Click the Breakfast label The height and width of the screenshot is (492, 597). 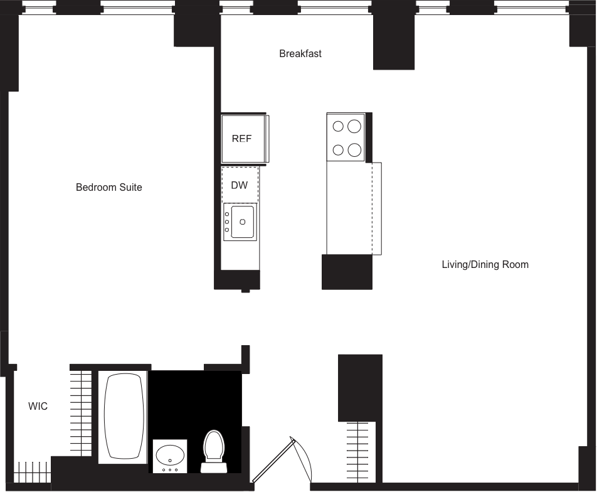pos(300,54)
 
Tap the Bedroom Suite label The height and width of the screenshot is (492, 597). pos(109,187)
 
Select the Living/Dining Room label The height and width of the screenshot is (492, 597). pos(485,264)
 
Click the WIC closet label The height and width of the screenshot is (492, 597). pos(38,407)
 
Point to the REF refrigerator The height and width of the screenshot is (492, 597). pos(242,139)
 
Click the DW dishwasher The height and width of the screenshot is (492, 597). pos(240,185)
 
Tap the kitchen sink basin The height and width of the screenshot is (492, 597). pos(242,222)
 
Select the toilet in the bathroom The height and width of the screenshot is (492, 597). pos(214,447)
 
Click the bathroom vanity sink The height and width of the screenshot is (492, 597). pos(170,454)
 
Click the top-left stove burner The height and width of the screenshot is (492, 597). pos(338,126)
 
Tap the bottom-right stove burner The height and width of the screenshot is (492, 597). pos(354,149)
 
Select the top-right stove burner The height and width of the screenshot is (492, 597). pos(354,126)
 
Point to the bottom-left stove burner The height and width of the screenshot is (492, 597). pos(338,149)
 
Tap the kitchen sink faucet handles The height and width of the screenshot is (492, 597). pos(226,222)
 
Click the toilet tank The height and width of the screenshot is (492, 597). pos(214,467)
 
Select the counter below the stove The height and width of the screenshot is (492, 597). pos(349,207)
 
